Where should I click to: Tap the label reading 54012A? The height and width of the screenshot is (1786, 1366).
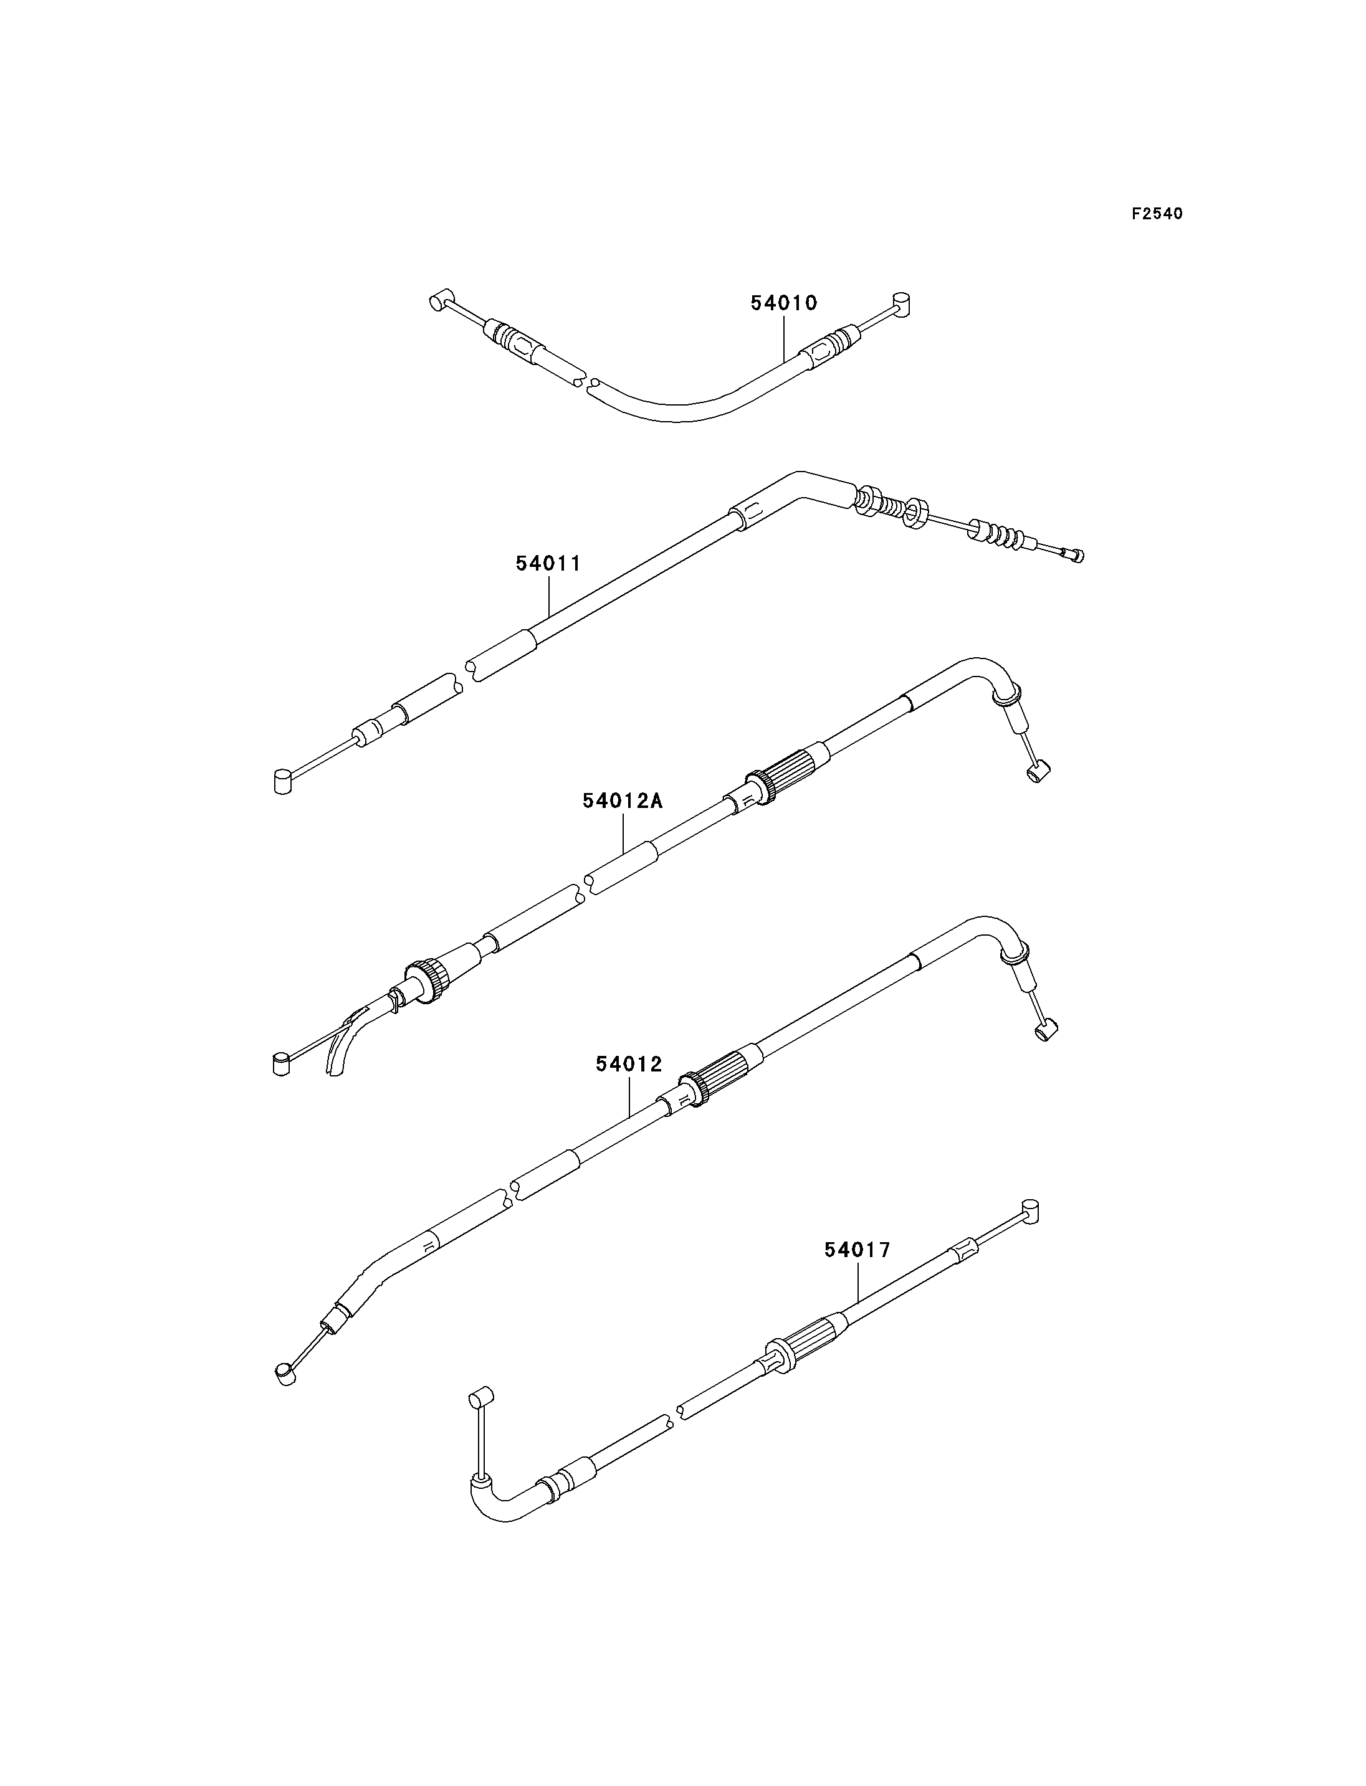(623, 800)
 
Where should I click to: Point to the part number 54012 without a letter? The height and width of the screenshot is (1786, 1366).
(629, 1064)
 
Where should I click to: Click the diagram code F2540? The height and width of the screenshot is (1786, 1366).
(1157, 214)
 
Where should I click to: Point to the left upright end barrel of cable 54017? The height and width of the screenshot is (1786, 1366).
(480, 1399)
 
